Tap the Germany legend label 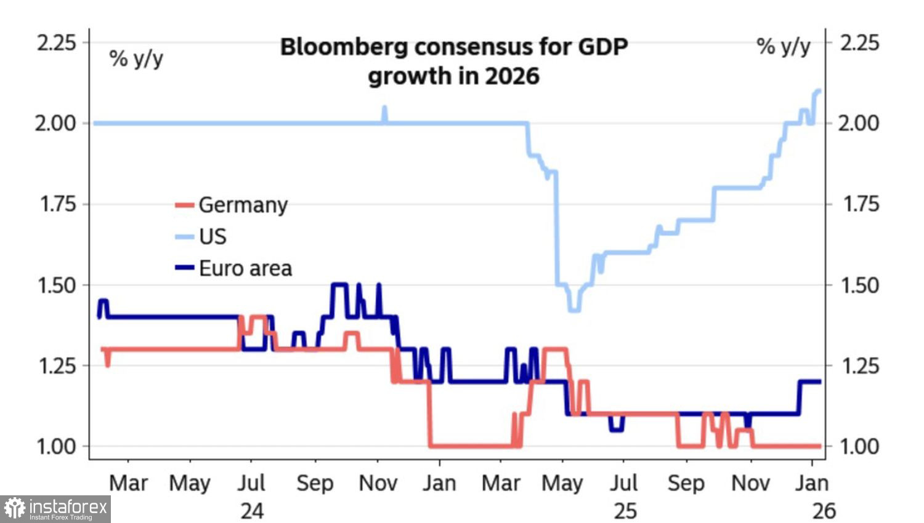243,205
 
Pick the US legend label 213,237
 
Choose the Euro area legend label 245,269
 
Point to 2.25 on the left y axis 57,43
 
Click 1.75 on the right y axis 860,204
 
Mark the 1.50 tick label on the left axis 57,285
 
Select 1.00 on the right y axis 860,446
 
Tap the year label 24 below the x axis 252,511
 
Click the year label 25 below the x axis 625,511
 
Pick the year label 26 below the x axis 824,511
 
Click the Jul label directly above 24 251,484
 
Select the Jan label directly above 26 812,484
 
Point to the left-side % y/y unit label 136,58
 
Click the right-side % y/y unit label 783,46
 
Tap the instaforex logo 55,509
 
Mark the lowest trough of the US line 574,309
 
